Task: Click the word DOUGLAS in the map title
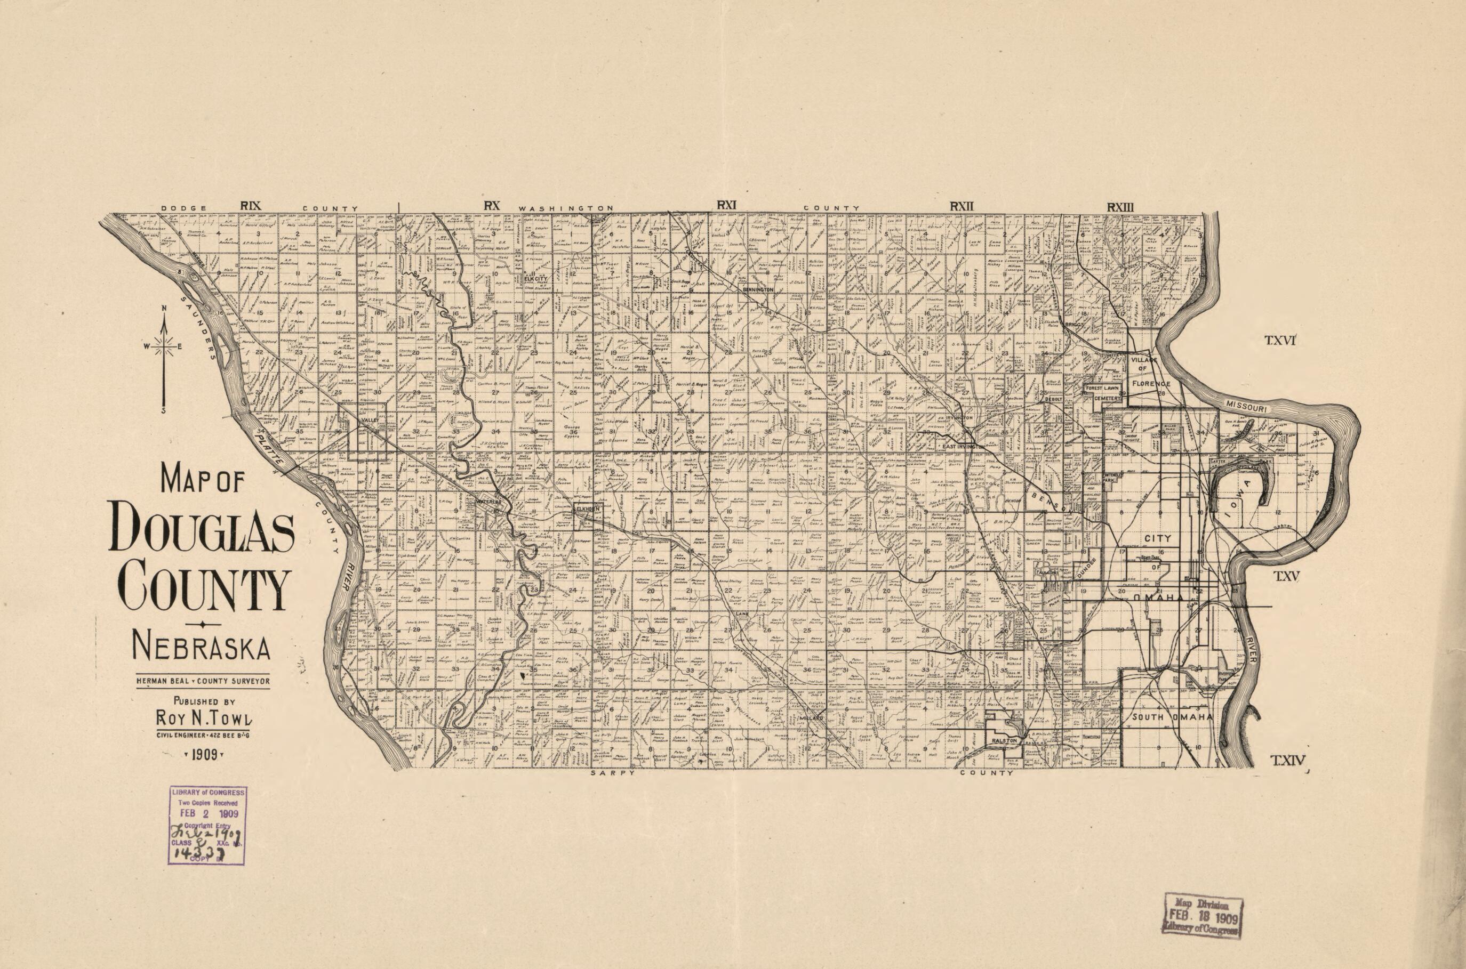[x=202, y=527]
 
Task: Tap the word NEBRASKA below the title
[x=202, y=647]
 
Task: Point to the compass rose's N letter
[x=164, y=309]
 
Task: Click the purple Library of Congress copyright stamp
[x=207, y=825]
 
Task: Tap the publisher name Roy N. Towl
[x=204, y=718]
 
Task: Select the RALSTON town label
[x=1004, y=740]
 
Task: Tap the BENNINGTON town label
[x=757, y=290]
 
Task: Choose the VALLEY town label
[x=369, y=421]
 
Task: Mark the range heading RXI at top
[x=726, y=205]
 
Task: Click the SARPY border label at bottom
[x=612, y=773]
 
